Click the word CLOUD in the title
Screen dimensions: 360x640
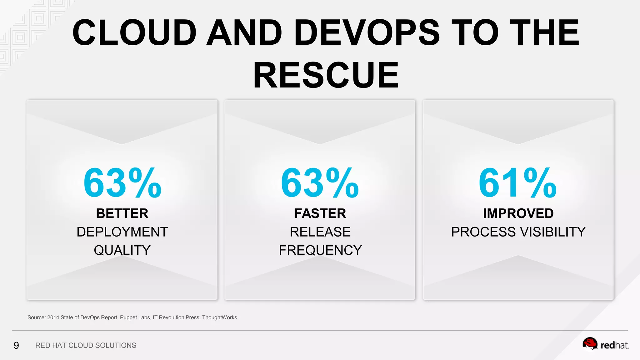pos(134,32)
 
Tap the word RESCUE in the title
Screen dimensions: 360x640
pos(326,75)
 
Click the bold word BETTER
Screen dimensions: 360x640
pos(122,213)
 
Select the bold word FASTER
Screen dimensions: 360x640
pos(320,213)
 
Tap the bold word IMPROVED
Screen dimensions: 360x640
pos(518,213)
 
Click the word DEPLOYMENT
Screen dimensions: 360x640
pos(122,232)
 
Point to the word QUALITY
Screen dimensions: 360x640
pos(122,250)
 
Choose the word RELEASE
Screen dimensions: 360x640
pos(320,232)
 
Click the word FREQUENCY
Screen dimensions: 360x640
pos(320,250)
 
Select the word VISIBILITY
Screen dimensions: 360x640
pos(552,232)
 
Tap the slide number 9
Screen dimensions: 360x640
pos(16,345)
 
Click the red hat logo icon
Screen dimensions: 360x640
pos(590,344)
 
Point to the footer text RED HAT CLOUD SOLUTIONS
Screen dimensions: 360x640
pos(86,345)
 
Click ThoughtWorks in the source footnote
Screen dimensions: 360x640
pos(219,317)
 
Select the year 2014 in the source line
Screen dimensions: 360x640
pos(53,317)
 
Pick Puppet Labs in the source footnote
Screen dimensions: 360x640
pos(135,317)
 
